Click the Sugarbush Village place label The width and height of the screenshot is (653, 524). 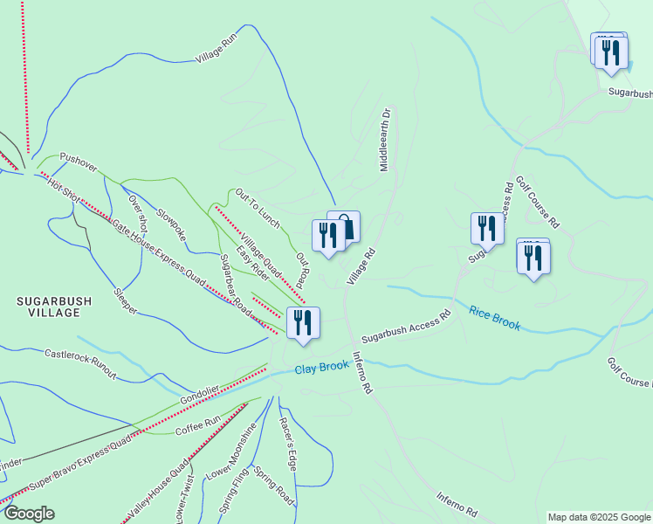[53, 306]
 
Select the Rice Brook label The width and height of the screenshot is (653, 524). [494, 319]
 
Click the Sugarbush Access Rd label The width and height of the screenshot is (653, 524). [406, 327]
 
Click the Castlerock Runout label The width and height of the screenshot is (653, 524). [80, 363]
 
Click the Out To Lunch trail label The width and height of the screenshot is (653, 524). [258, 208]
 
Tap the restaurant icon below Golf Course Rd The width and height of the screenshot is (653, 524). [533, 258]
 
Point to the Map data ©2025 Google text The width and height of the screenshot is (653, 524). [598, 517]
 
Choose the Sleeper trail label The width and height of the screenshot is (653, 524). [125, 300]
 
